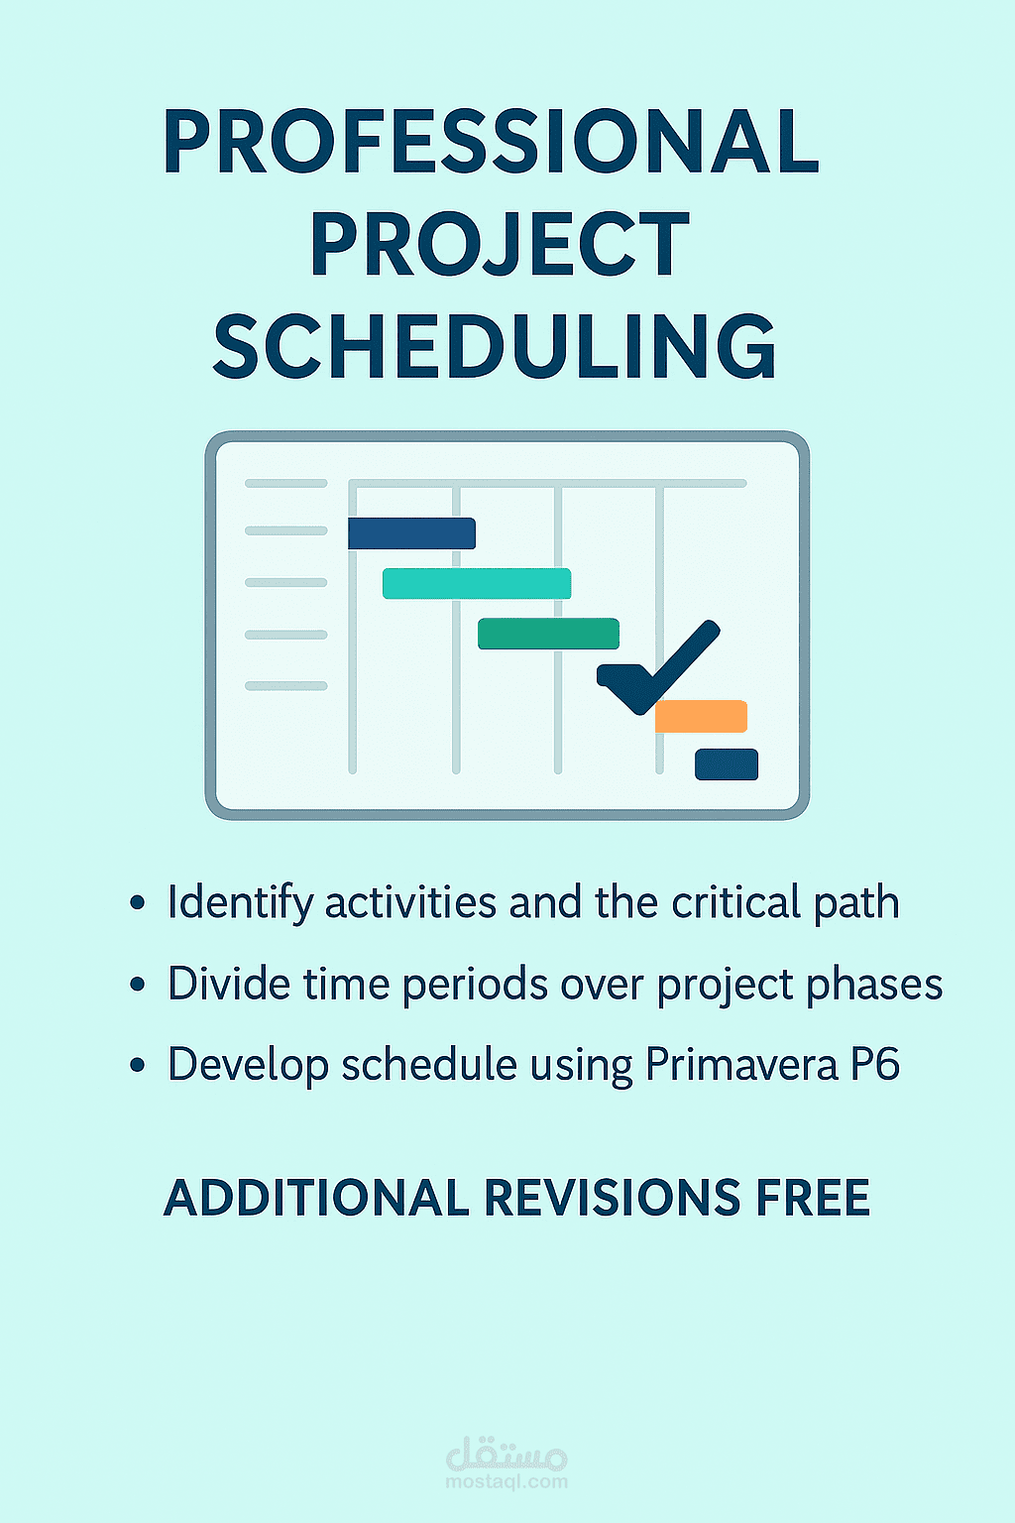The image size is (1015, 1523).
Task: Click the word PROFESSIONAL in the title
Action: click(492, 142)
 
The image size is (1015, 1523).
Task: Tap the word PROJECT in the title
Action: click(500, 245)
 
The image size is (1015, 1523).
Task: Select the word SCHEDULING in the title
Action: click(495, 347)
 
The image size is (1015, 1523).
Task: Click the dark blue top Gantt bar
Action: click(411, 533)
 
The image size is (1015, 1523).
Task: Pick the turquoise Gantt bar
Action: click(477, 584)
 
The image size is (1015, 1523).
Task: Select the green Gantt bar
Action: click(548, 634)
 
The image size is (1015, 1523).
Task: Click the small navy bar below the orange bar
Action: click(727, 764)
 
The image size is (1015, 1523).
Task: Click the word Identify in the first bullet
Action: click(240, 903)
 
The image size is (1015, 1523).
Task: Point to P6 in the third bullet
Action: click(875, 1065)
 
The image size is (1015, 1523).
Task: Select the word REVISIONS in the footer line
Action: click(612, 1198)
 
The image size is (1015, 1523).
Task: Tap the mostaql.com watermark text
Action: click(507, 1482)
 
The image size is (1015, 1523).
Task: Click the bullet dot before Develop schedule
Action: click(138, 1066)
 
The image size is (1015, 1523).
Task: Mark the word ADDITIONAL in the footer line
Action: click(316, 1198)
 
